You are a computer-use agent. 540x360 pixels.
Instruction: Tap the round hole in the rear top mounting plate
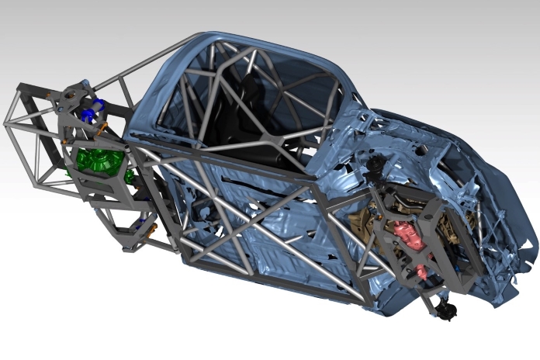tap(71, 95)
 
